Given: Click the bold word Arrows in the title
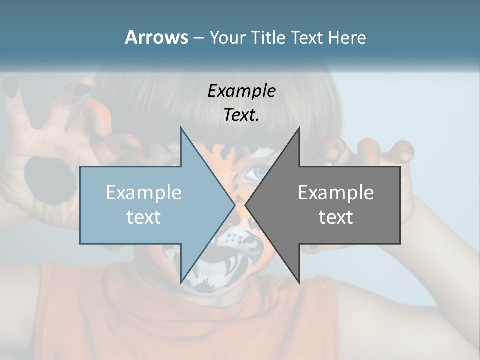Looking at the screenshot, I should point(156,37).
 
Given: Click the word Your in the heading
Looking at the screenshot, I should point(228,37).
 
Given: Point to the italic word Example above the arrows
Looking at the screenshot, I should point(241,91).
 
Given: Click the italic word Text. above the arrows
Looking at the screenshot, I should point(241,115).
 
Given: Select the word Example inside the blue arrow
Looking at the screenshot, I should point(144,192).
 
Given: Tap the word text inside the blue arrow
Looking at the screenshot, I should point(144,217).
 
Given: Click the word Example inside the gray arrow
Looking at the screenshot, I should point(336,192).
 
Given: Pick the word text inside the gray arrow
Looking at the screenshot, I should point(336,217).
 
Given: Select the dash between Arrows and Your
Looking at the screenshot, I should point(198,38).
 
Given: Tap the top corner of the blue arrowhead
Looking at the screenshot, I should point(181,128).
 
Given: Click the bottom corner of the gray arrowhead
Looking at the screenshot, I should point(299,283).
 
